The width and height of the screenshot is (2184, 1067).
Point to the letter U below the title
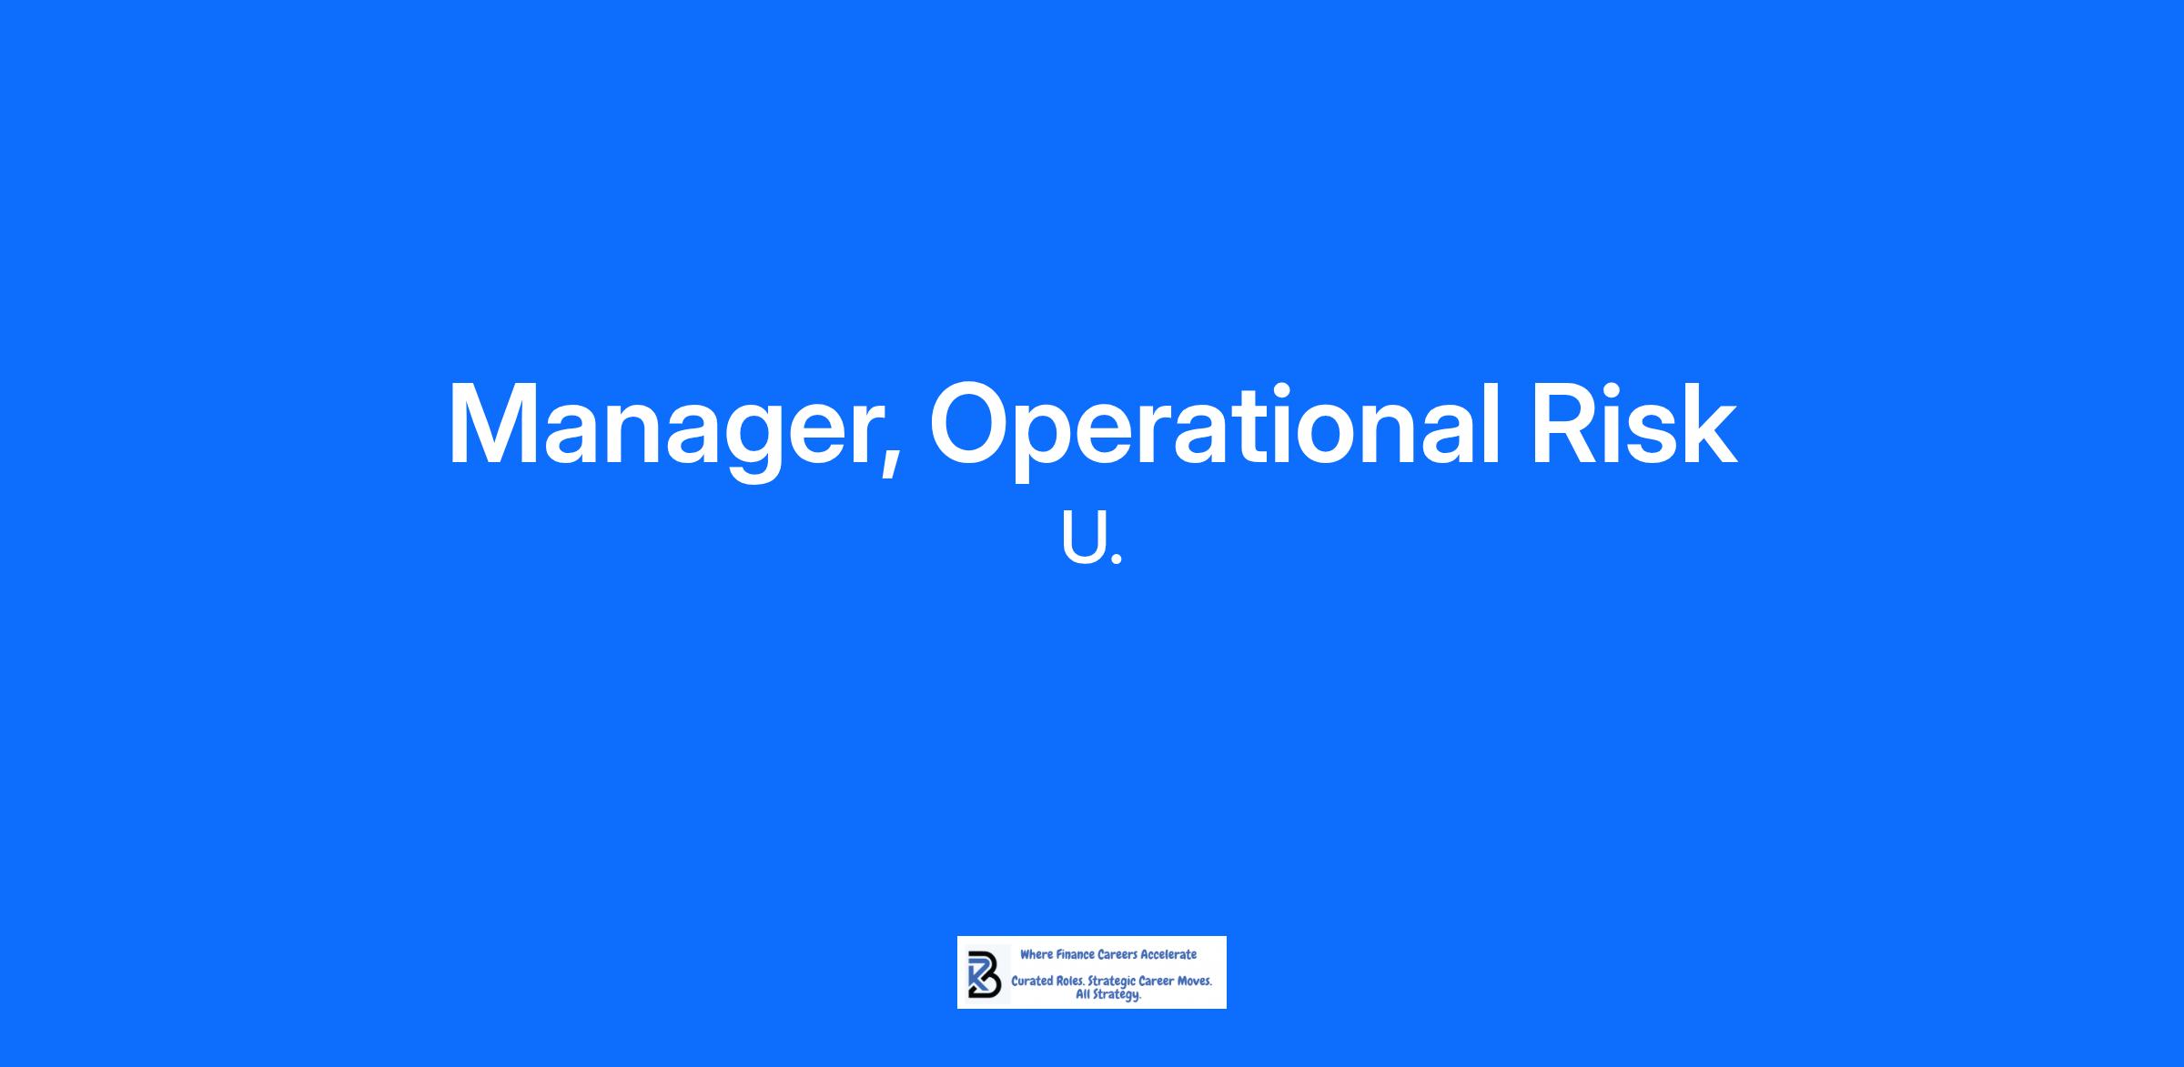point(1083,538)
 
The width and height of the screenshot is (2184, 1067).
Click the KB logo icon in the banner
point(982,972)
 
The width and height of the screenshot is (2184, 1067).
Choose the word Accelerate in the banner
point(1168,954)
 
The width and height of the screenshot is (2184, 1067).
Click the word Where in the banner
point(1036,954)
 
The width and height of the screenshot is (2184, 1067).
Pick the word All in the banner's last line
point(1084,994)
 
